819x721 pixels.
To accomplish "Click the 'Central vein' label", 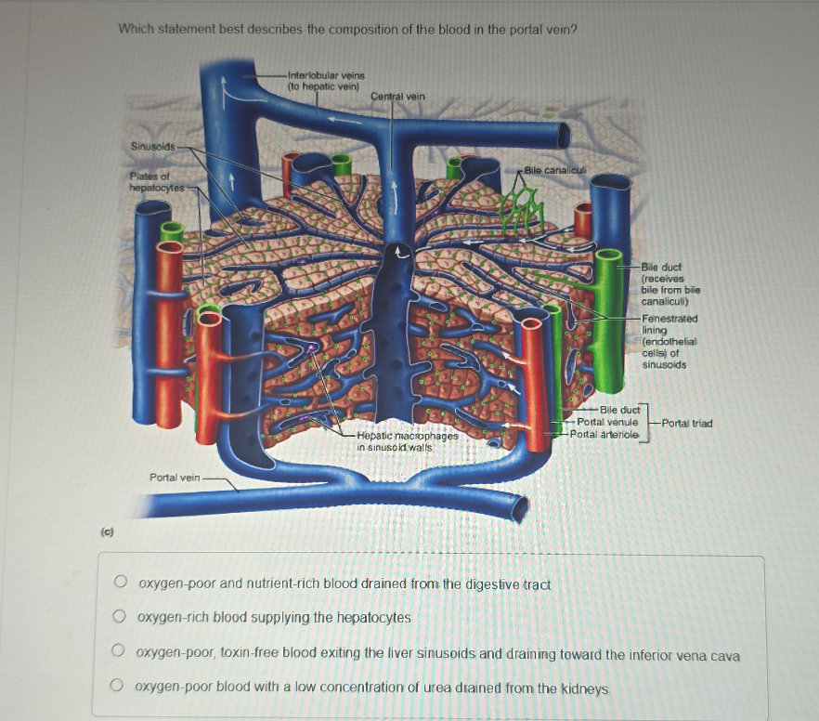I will pos(397,96).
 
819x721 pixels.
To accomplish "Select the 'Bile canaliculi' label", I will pos(552,170).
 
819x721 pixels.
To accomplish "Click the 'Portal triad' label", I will pos(687,423).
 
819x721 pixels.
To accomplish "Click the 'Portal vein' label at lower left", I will pos(175,478).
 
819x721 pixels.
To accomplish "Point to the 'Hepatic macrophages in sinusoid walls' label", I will pos(408,440).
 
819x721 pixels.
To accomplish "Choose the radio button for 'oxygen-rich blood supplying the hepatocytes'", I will pos(119,617).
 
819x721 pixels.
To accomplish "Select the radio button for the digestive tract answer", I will pos(120,583).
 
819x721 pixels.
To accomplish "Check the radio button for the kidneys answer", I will pos(118,688).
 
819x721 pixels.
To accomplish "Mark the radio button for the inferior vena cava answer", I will pos(119,654).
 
